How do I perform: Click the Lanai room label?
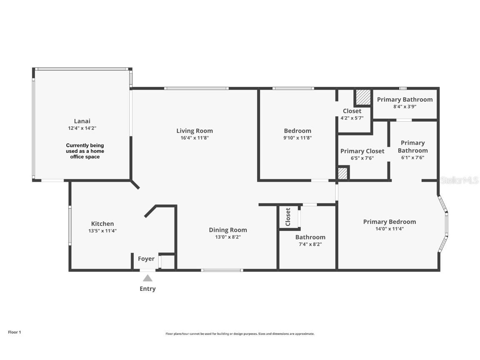[x=82, y=121]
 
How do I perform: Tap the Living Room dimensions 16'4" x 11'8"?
[x=194, y=138]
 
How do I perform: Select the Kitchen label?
[x=102, y=224]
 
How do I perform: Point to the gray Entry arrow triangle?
[x=147, y=278]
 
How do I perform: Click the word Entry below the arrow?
[x=147, y=289]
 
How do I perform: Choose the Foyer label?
[x=146, y=259]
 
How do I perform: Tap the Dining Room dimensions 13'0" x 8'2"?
[x=227, y=237]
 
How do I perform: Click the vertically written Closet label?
[x=288, y=217]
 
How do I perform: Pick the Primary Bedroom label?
[x=389, y=222]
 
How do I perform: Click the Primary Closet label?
[x=362, y=151]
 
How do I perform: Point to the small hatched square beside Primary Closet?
[x=342, y=173]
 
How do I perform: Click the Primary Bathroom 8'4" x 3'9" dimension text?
[x=405, y=107]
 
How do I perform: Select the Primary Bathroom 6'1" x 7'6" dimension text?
[x=412, y=158]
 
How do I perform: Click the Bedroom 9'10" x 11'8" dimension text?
[x=297, y=138]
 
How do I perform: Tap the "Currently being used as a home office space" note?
[x=85, y=151]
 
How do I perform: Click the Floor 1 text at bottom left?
[x=14, y=332]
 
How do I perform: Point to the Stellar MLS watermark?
[x=460, y=180]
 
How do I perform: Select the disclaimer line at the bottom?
[x=240, y=334]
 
